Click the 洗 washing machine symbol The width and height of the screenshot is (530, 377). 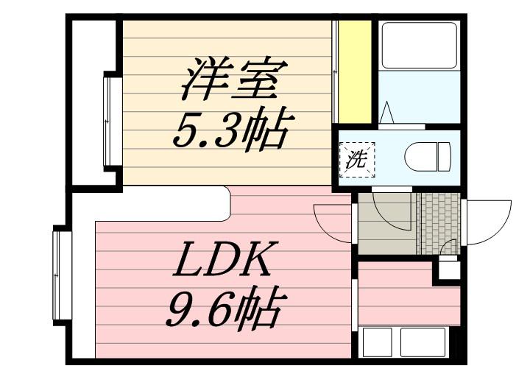tap(356, 159)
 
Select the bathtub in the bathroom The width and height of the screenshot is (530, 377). tap(419, 46)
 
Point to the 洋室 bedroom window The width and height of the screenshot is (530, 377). tap(113, 121)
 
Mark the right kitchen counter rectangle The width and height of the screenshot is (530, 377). tap(424, 342)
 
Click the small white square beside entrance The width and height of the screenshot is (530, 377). tap(446, 268)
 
